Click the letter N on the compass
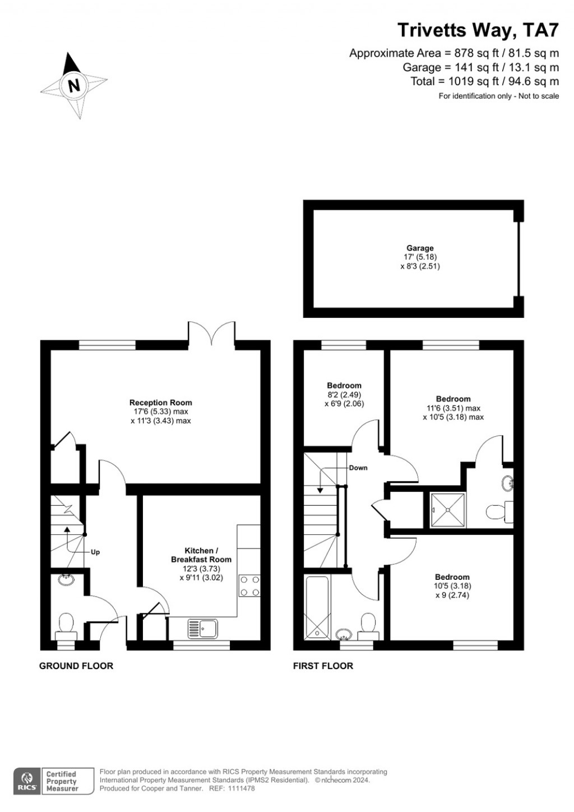pyautogui.click(x=73, y=86)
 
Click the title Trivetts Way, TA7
pyautogui.click(x=478, y=30)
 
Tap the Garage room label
pyautogui.click(x=420, y=248)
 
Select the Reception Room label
pyautogui.click(x=160, y=403)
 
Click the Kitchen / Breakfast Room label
pyautogui.click(x=201, y=555)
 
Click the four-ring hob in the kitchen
pyautogui.click(x=249, y=585)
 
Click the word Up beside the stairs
pyautogui.click(x=95, y=552)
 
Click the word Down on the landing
pyautogui.click(x=358, y=468)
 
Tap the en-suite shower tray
pyautogui.click(x=447, y=510)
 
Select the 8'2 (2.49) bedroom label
pyautogui.click(x=344, y=394)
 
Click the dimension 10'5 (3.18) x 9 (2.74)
pyautogui.click(x=452, y=590)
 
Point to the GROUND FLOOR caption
pyautogui.click(x=76, y=666)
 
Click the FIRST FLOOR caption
pyautogui.click(x=323, y=666)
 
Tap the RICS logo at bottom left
pyautogui.click(x=26, y=781)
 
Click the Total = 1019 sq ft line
pyautogui.click(x=484, y=82)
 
